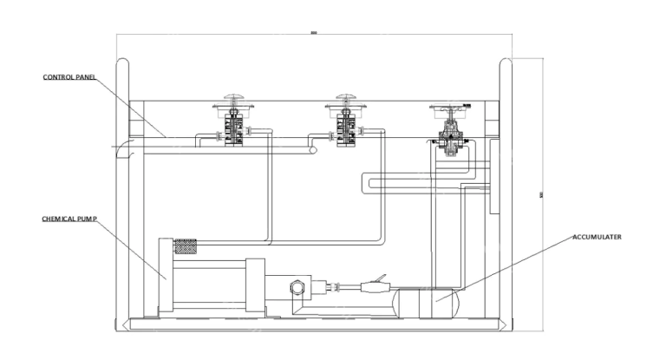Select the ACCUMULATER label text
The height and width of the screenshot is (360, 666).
click(598, 236)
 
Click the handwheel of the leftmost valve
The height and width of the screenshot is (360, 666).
click(232, 97)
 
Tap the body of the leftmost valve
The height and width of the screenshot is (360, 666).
click(232, 131)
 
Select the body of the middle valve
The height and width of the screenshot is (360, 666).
click(344, 131)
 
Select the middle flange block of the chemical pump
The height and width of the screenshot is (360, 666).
click(255, 285)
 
